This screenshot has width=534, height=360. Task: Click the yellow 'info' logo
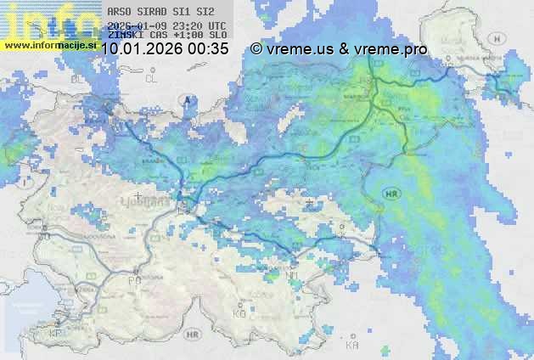coord(47,21)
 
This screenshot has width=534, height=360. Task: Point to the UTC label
coord(216,26)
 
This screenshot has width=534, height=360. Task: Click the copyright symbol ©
coord(256,49)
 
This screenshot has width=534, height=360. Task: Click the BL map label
coord(82,78)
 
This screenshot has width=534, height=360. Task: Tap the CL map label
coord(152,78)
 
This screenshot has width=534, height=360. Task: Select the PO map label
coord(134,280)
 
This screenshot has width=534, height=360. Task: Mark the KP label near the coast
coord(57,333)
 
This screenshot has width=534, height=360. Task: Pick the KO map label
coord(239,313)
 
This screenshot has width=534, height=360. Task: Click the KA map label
coord(353,345)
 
